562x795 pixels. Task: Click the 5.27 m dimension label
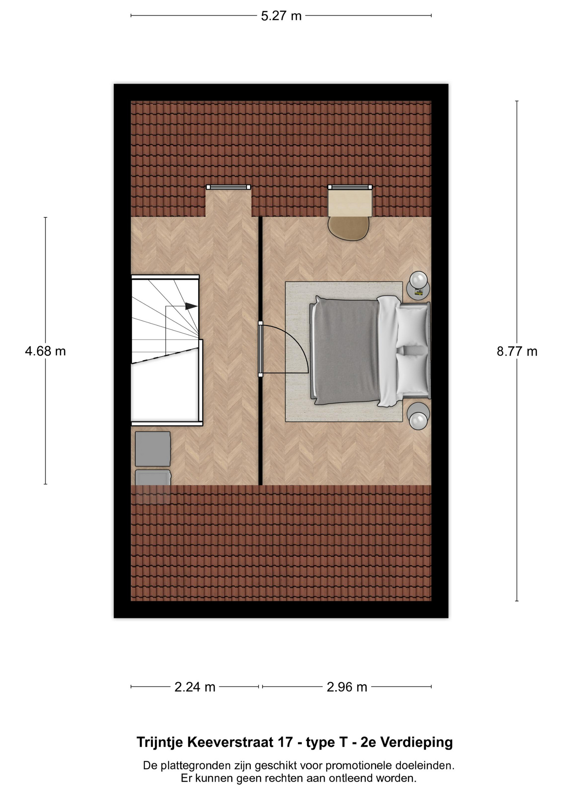(x=281, y=16)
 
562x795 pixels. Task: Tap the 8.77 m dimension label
(x=517, y=352)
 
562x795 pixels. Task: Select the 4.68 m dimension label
(x=46, y=351)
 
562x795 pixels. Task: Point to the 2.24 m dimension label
(x=195, y=687)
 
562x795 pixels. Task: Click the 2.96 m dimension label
(x=347, y=687)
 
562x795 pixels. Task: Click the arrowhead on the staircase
(x=191, y=306)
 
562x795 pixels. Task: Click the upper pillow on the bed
(x=412, y=326)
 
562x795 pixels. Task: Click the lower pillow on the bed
(x=412, y=373)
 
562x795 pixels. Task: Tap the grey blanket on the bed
(x=346, y=351)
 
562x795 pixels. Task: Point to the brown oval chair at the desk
(x=348, y=228)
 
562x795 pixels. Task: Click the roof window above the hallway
(x=228, y=187)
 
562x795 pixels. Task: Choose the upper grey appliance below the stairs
(x=153, y=449)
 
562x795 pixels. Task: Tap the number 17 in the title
(x=285, y=742)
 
